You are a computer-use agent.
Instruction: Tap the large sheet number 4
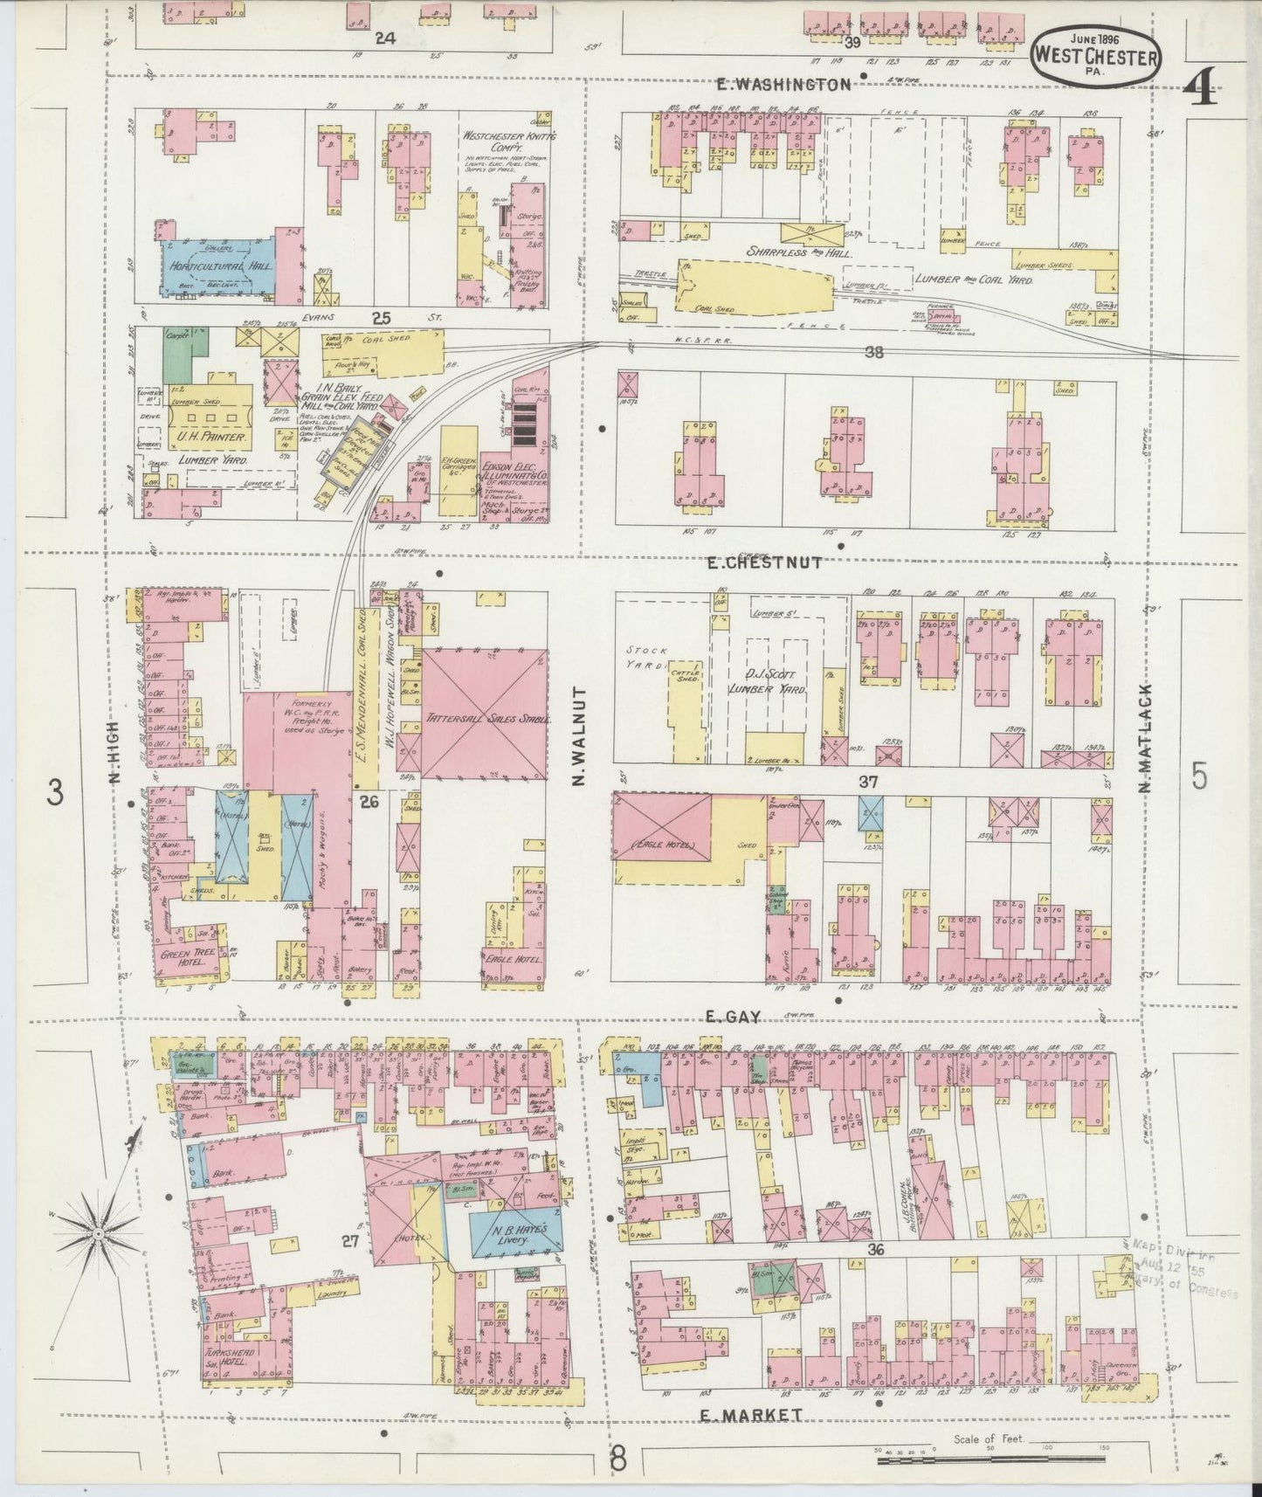(x=1203, y=87)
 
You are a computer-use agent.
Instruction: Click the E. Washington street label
(x=782, y=84)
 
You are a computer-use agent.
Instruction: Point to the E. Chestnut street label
(x=765, y=563)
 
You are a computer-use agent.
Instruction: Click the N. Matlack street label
(x=1146, y=739)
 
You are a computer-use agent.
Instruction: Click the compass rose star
(x=98, y=1232)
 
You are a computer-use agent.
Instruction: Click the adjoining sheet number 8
(x=617, y=1459)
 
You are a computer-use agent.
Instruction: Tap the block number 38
(x=872, y=353)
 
